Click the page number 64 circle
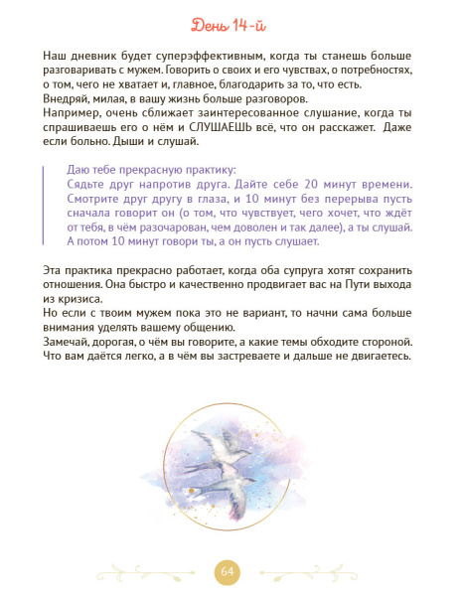pos(230,571)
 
